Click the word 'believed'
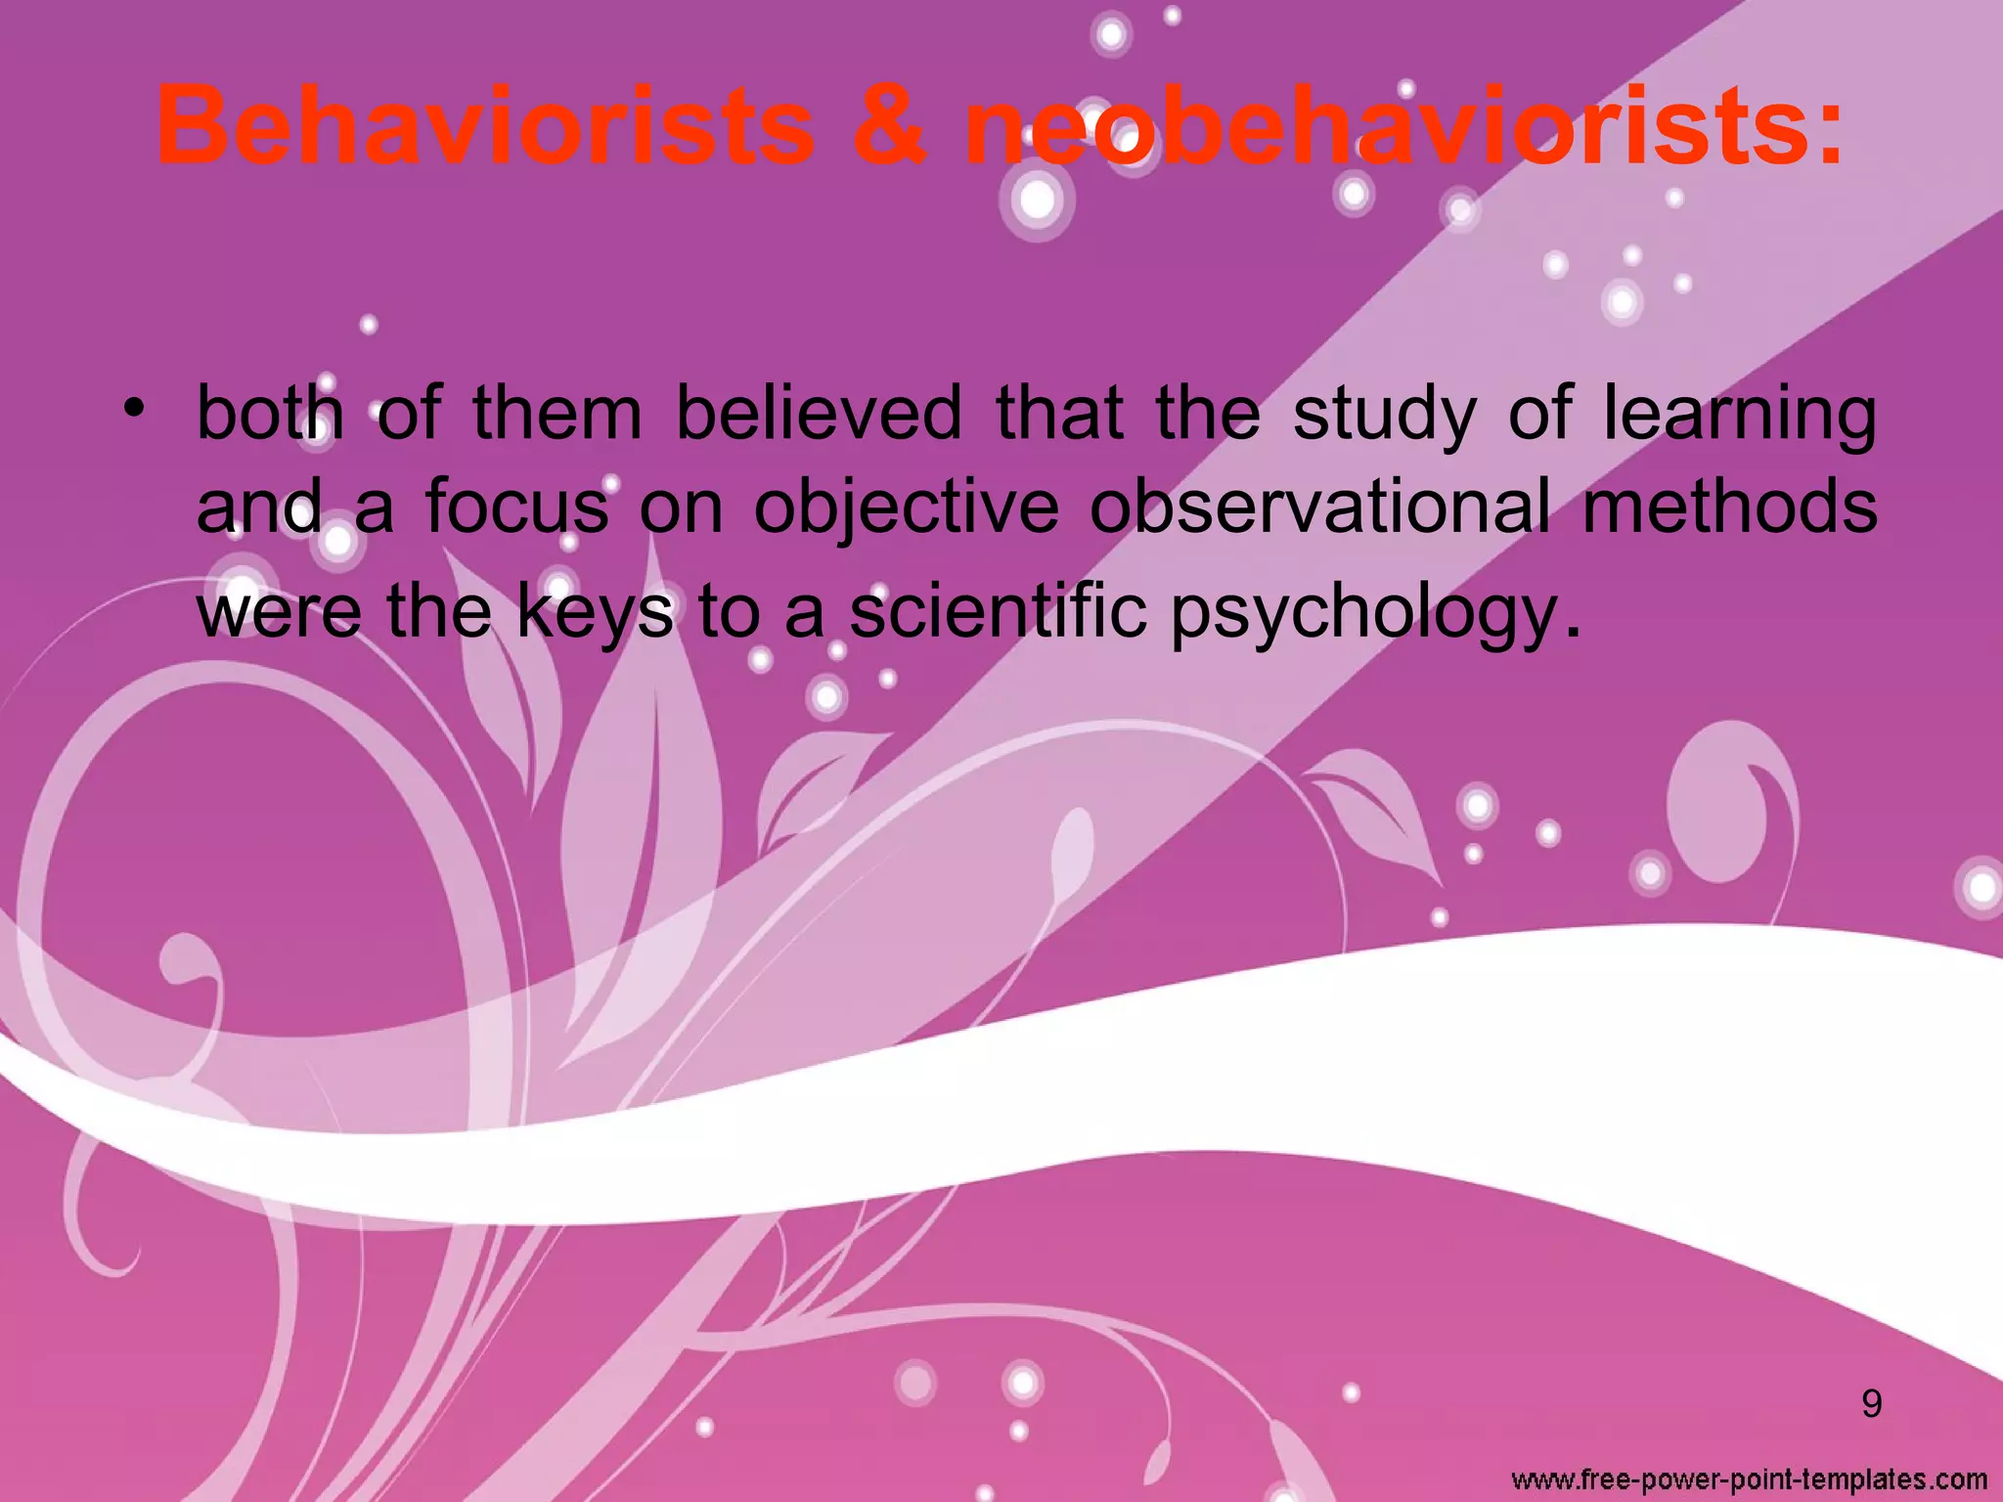[819, 414]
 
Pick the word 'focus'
[516, 507]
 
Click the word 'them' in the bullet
[557, 414]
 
